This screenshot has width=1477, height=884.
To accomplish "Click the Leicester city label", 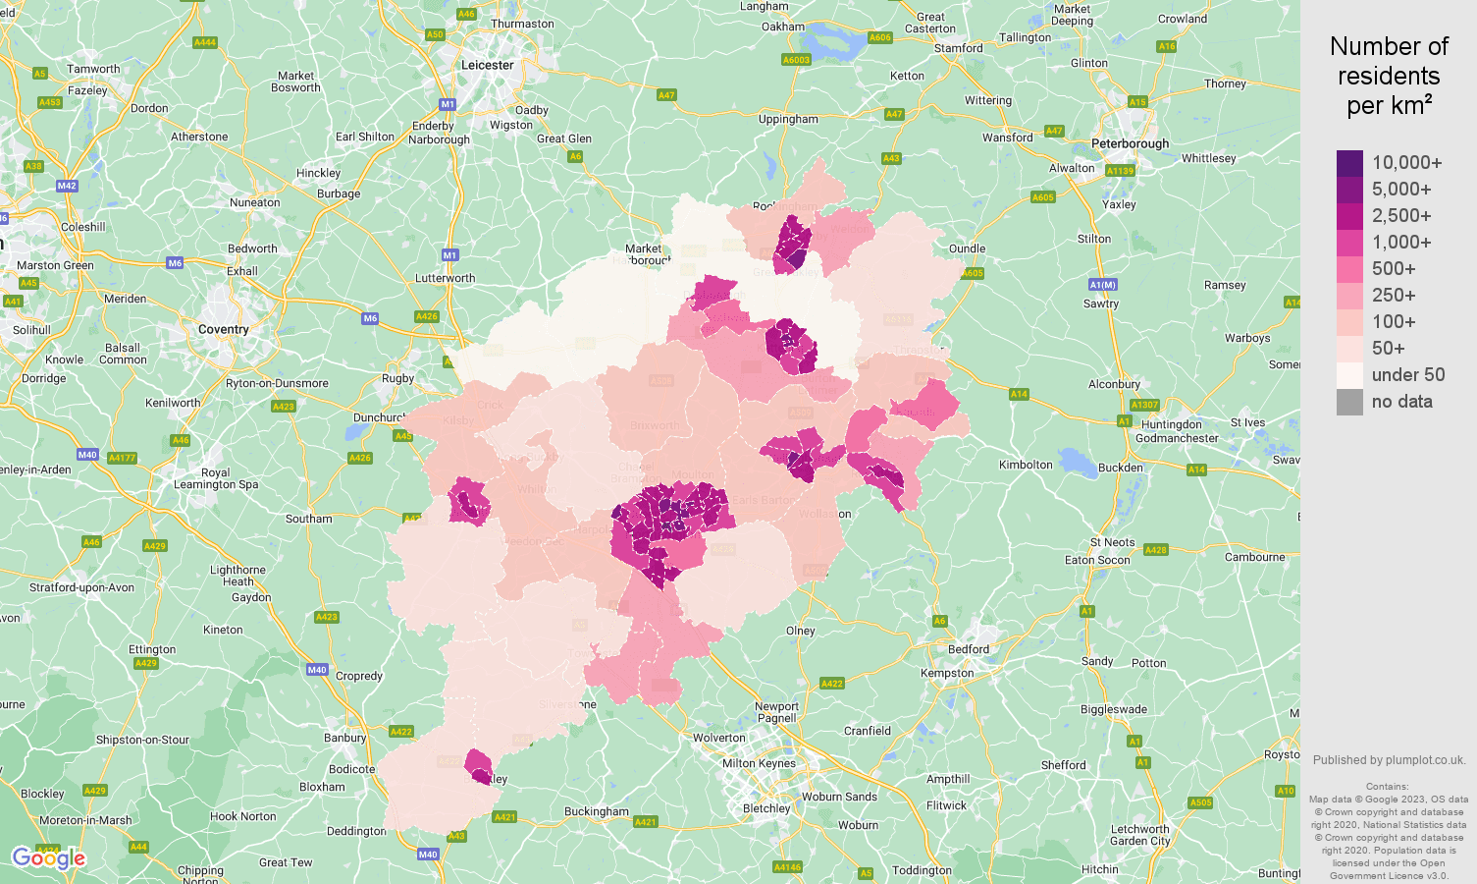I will point(487,65).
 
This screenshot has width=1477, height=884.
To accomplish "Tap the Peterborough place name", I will point(1130,143).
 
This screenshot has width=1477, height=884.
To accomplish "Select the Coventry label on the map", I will point(223,330).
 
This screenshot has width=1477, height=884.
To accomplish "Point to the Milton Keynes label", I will point(759,763).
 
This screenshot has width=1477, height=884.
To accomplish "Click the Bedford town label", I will point(968,649).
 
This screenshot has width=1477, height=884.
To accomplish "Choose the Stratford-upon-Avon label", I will point(81,587).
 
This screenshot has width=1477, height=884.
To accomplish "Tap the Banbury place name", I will point(344,738).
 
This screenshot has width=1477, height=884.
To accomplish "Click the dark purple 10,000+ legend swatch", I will point(1349,163).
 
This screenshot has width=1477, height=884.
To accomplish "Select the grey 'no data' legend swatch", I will point(1349,402).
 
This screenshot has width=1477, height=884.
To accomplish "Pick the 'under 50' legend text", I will point(1407,375).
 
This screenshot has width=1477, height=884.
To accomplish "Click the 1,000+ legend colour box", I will point(1349,243).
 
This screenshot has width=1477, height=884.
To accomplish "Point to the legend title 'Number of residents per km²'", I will point(1389,76).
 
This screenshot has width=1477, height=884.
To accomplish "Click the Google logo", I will point(48,858).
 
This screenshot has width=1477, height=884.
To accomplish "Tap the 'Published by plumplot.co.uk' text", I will point(1389,760).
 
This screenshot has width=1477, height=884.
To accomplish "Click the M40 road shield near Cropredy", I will point(316,670).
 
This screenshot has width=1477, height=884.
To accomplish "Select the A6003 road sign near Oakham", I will point(796,60).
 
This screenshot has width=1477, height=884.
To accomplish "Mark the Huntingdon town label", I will point(1171,424).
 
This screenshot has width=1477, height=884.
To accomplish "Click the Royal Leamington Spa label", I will point(216,478).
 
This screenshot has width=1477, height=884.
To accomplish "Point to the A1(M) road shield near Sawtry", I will point(1102,285).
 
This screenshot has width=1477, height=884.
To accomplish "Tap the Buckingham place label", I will point(596,811).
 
